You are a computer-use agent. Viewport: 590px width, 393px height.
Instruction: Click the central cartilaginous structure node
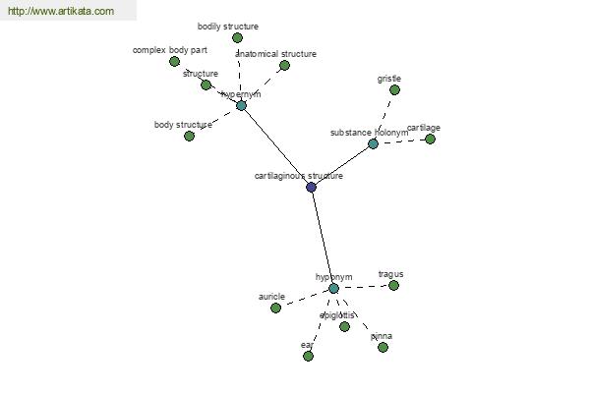pos(312,187)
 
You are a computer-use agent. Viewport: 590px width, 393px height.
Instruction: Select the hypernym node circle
pos(241,105)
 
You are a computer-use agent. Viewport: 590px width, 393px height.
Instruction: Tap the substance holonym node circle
pos(373,143)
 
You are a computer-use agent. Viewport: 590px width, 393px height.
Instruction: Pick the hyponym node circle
pos(333,288)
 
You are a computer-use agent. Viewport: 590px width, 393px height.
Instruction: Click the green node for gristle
pos(394,89)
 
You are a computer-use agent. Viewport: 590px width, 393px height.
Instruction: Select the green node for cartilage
pos(430,139)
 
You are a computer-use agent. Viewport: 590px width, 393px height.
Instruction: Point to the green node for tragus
pos(393,285)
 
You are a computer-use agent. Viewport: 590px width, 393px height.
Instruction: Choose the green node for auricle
pos(275,308)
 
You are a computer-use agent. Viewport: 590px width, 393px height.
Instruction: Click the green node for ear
pos(308,356)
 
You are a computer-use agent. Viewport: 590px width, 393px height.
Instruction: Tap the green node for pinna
pos(383,347)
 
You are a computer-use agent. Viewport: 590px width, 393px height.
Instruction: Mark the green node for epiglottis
pos(344,326)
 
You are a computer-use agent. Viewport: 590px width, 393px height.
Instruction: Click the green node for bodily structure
pos(237,37)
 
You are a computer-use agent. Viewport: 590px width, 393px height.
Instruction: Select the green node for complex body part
pos(174,61)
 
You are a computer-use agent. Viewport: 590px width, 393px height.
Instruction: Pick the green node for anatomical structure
pos(284,65)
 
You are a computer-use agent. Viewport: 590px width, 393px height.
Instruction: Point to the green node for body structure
pos(189,136)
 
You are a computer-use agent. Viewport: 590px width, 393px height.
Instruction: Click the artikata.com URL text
pos(60,12)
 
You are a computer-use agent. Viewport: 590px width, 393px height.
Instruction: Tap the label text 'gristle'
pos(389,79)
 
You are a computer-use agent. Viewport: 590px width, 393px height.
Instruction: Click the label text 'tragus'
pos(390,274)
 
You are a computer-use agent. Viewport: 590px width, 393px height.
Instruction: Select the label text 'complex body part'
pos(170,49)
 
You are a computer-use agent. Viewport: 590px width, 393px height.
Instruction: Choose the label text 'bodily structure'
pos(228,27)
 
